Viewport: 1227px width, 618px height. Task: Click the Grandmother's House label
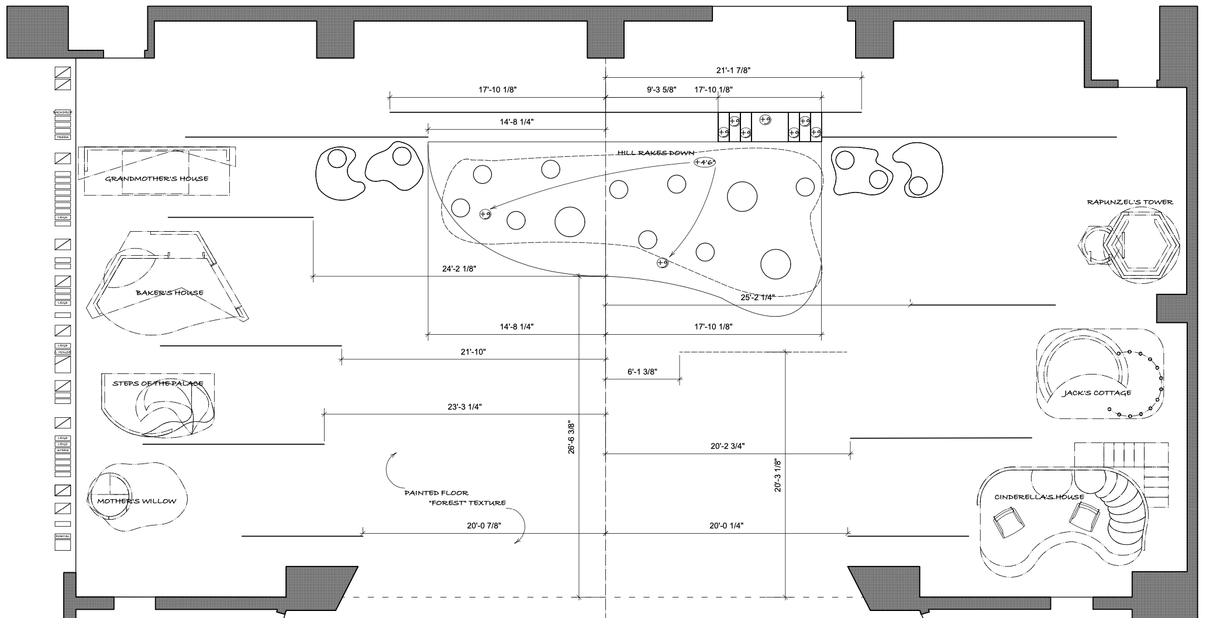pyautogui.click(x=156, y=178)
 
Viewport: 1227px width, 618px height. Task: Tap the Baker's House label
pyautogui.click(x=170, y=293)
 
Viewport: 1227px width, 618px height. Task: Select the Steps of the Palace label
pyautogui.click(x=158, y=384)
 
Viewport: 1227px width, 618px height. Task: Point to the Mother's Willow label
pyautogui.click(x=136, y=501)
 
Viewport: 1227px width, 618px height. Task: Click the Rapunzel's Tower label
pyautogui.click(x=1130, y=202)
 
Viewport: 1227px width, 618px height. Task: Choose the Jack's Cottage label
pyautogui.click(x=1097, y=393)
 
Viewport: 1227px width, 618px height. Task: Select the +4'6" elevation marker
pyautogui.click(x=705, y=162)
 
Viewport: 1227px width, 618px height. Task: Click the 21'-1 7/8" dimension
pyautogui.click(x=733, y=70)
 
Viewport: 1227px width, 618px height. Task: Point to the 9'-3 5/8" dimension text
pyautogui.click(x=661, y=90)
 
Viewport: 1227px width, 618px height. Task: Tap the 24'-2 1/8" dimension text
pyautogui.click(x=459, y=269)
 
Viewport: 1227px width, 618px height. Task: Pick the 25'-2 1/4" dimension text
pyautogui.click(x=757, y=297)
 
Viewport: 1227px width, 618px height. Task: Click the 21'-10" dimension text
pyautogui.click(x=473, y=352)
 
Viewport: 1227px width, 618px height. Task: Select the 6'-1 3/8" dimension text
pyautogui.click(x=642, y=372)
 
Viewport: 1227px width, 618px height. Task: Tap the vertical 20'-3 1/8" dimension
pyautogui.click(x=778, y=475)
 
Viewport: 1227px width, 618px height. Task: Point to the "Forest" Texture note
pyautogui.click(x=467, y=503)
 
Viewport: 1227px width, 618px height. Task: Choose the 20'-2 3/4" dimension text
pyautogui.click(x=728, y=446)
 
